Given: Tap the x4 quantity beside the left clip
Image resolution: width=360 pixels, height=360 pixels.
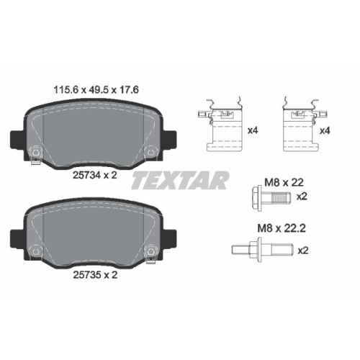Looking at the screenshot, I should point(253,130).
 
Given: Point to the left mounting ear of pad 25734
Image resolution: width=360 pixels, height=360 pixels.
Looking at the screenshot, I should point(15,139).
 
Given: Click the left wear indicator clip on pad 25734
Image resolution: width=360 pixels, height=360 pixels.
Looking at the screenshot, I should point(36,153).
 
